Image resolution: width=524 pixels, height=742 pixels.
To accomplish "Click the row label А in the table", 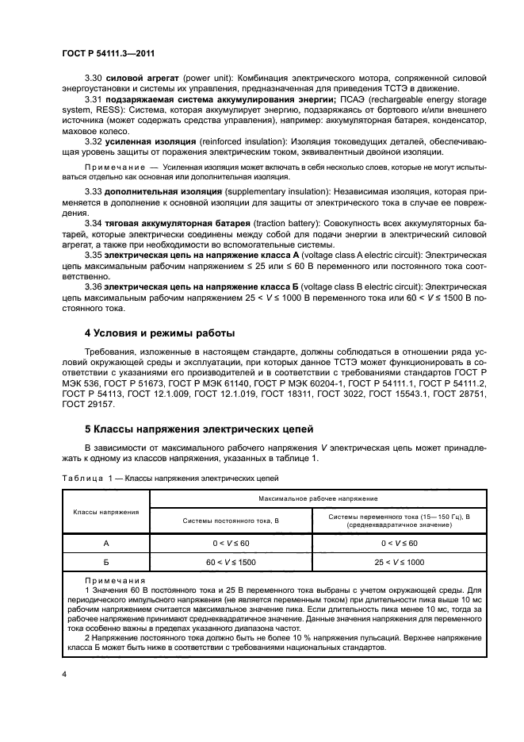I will [x=105, y=543].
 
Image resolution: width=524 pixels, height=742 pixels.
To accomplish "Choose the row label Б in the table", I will [x=105, y=561].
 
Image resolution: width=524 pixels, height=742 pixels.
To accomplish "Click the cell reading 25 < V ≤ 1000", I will [x=400, y=561].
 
